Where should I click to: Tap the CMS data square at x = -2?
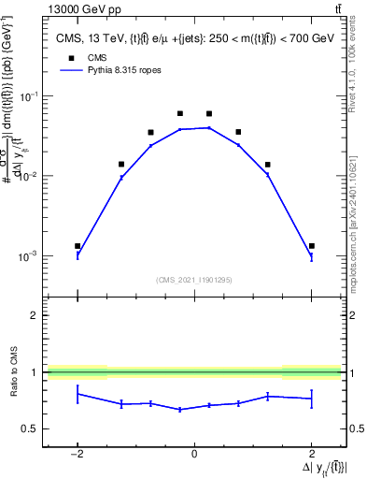click(78, 246)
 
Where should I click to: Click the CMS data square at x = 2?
click(311, 246)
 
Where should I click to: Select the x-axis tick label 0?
click(194, 453)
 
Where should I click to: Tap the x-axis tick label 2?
click(311, 453)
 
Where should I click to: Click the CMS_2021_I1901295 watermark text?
click(194, 280)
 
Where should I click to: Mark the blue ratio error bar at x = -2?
click(78, 395)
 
